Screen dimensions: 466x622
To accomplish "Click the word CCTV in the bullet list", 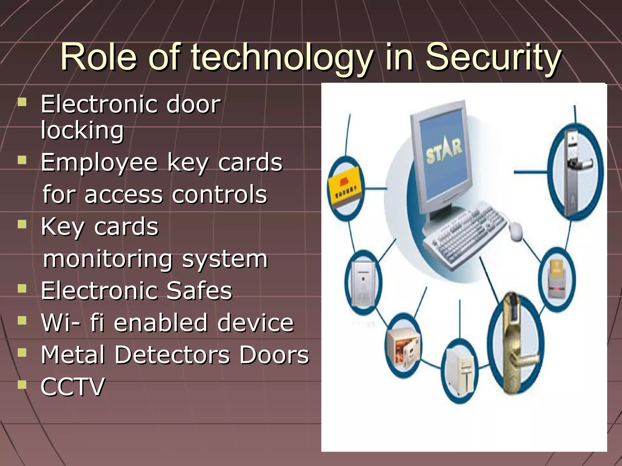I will (73, 387).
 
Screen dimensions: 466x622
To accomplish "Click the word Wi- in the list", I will (61, 322).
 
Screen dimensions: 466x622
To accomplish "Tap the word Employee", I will (99, 163).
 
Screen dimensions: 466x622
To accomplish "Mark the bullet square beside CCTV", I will (22, 384).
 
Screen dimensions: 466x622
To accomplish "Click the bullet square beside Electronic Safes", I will (22, 289).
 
